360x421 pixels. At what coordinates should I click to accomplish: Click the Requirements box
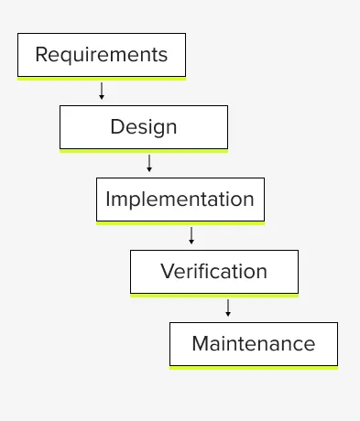coord(101,55)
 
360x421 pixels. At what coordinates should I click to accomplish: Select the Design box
coord(143,127)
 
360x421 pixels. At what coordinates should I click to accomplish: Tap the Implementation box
coord(180,200)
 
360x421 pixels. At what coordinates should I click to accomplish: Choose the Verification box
coord(213,272)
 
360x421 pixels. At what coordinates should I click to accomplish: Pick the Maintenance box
coord(253,344)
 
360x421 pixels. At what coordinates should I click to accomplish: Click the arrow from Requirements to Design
coord(102,91)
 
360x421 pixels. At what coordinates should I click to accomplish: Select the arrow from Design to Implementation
coord(149,163)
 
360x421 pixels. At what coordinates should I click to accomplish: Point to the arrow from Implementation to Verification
coord(191,235)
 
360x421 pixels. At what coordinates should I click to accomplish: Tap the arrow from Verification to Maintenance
coord(228,308)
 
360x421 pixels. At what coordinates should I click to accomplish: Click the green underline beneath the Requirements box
coord(101,79)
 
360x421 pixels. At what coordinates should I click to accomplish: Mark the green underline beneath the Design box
coord(143,151)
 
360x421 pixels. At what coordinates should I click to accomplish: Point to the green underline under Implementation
coord(180,223)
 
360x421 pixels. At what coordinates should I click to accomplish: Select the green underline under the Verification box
coord(213,296)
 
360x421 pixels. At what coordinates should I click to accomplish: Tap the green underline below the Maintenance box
coord(253,368)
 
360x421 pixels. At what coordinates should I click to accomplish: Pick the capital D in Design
coord(116,127)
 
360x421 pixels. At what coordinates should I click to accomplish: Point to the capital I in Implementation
coord(108,200)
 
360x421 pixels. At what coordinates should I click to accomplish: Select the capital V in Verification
coord(167,272)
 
